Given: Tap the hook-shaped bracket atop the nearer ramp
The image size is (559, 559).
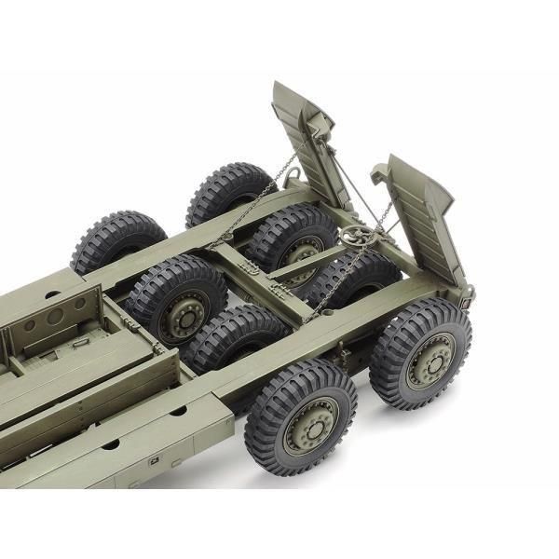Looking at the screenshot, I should click(380, 172).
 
